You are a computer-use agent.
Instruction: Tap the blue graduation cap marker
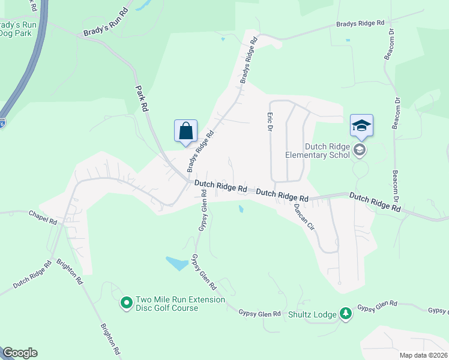pos(361,126)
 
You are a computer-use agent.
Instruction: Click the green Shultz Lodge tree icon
pos(345,313)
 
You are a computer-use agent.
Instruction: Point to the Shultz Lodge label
pos(312,314)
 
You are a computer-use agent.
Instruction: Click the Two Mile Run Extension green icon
pos(126,304)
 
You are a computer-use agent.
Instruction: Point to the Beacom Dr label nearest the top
pos(389,43)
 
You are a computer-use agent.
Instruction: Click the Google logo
pos(19,353)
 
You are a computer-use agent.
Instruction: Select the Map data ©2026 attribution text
pos(423,355)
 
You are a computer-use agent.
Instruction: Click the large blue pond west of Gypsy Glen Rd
pos(176,263)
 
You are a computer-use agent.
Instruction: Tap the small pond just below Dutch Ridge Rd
pos(241,209)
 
